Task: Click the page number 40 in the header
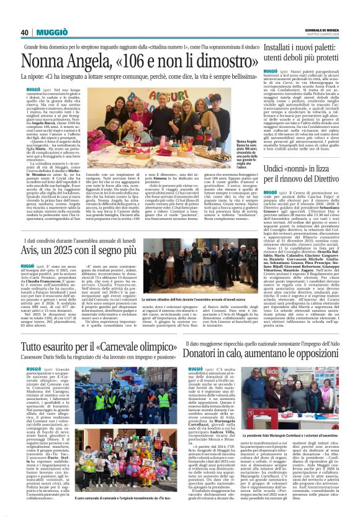[x=24, y=32]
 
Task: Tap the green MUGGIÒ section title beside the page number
[x=52, y=32]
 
